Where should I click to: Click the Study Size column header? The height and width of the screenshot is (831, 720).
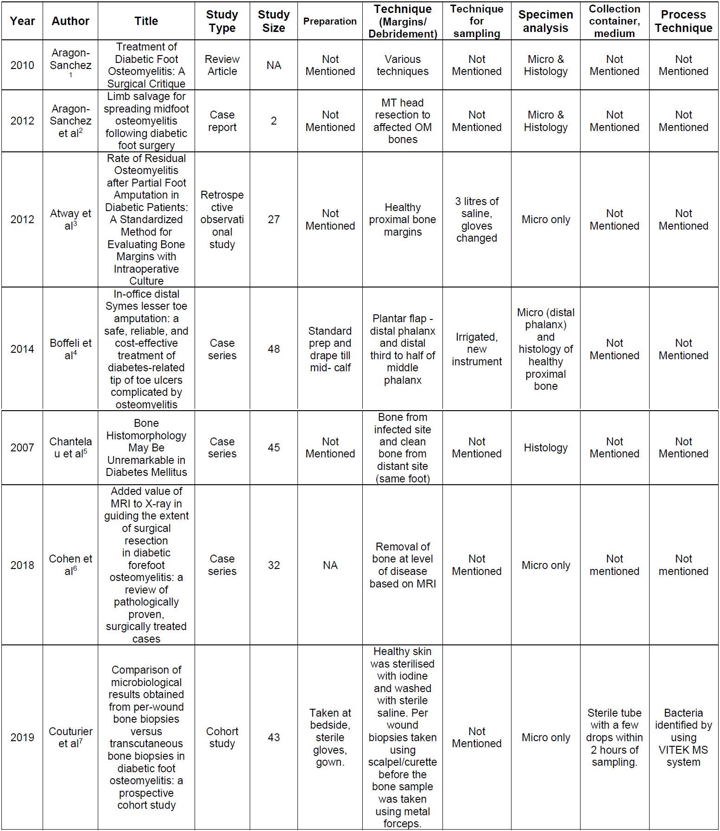(x=273, y=21)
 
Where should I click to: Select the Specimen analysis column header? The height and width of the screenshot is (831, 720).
(x=545, y=21)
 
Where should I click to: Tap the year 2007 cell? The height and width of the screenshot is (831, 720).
(x=22, y=448)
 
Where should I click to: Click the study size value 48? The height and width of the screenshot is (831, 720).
(x=273, y=349)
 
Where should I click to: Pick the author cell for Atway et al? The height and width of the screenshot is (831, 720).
(x=70, y=219)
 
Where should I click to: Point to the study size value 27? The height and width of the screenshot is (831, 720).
(x=273, y=219)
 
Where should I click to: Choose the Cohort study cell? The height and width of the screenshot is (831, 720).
(x=222, y=737)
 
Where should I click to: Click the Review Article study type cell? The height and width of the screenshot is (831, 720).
(x=222, y=65)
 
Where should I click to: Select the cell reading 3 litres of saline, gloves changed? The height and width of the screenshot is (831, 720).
(x=476, y=219)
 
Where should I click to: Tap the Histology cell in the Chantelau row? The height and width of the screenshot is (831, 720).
(x=545, y=448)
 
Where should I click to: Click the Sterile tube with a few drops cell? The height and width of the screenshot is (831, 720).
(x=614, y=737)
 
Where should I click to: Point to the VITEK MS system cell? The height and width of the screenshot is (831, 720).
(x=683, y=737)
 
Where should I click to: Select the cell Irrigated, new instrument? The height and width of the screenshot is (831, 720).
(x=476, y=349)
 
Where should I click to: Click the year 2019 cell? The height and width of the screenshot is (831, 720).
(x=22, y=737)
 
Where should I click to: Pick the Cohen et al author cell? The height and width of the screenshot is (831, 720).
(x=70, y=565)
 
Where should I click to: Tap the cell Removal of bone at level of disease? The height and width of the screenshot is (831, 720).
(x=402, y=565)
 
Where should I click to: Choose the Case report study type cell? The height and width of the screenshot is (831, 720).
(x=222, y=121)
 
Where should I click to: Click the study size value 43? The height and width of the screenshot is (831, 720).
(x=273, y=737)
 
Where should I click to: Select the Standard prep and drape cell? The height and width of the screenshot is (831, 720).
(x=330, y=349)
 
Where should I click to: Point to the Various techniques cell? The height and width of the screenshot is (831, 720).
(x=402, y=65)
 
